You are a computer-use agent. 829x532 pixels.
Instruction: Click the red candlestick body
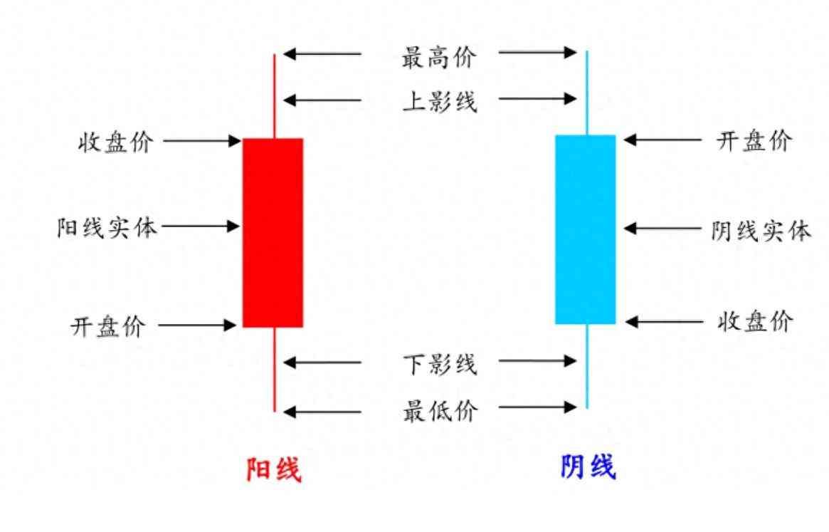click(273, 233)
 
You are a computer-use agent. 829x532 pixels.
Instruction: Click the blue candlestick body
click(586, 229)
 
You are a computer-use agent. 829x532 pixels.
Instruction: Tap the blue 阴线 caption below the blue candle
click(588, 468)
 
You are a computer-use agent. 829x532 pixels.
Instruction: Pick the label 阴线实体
click(761, 231)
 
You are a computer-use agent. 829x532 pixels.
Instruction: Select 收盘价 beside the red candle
click(115, 142)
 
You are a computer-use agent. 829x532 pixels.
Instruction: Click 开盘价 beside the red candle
click(108, 327)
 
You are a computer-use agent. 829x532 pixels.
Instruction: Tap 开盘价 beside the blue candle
click(754, 141)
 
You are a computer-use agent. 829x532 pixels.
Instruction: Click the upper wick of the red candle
click(274, 96)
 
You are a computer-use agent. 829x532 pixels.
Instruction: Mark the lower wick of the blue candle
click(587, 367)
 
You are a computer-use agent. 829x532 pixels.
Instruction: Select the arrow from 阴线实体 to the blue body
click(662, 229)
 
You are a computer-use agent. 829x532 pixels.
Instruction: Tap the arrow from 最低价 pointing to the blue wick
click(537, 407)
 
